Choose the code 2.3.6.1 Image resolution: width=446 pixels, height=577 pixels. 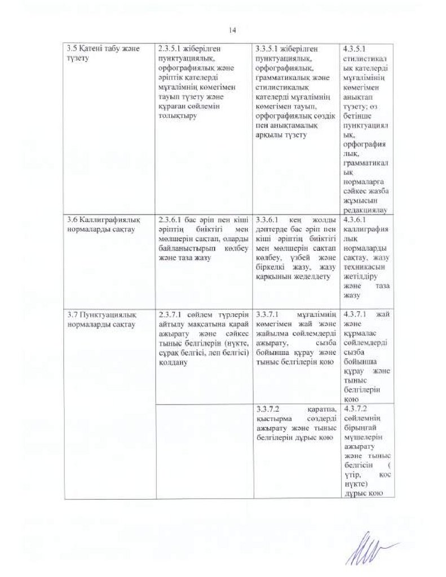(170, 220)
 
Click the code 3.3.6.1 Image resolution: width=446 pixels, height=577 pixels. (266, 220)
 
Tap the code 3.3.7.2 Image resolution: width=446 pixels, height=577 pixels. (267, 409)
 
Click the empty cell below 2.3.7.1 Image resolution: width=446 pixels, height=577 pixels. (204, 451)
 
